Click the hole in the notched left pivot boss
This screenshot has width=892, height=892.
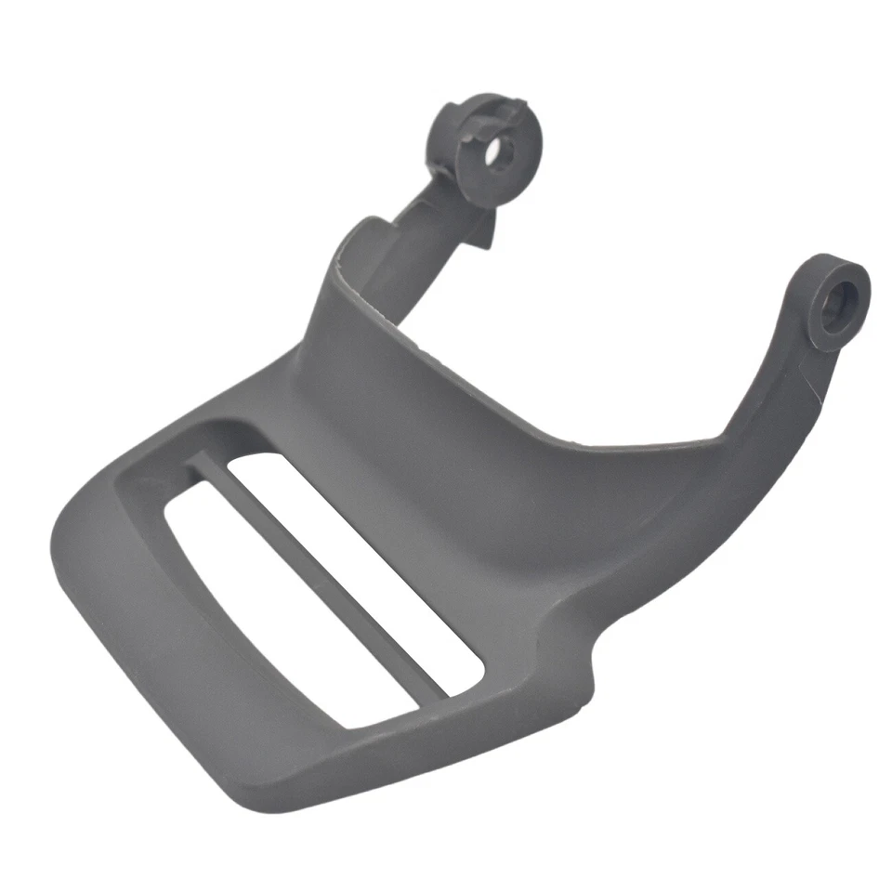498,151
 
